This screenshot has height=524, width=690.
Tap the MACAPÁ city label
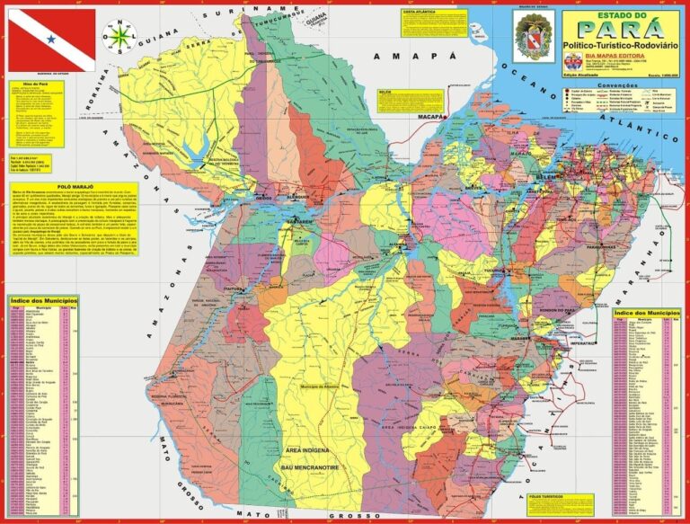[435, 117]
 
